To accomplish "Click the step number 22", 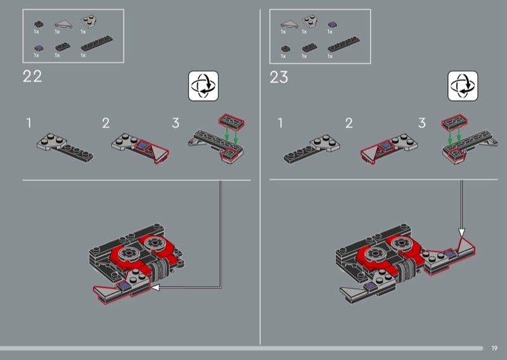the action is pyautogui.click(x=32, y=77).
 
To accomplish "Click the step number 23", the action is pyautogui.click(x=279, y=77).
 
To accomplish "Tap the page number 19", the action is pyautogui.click(x=494, y=348).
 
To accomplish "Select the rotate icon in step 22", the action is pyautogui.click(x=203, y=86).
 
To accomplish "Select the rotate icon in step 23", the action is pyautogui.click(x=463, y=86).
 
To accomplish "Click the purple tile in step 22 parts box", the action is pyautogui.click(x=39, y=48).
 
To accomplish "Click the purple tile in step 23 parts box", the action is pyautogui.click(x=332, y=24).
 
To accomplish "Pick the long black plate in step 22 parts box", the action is pyautogui.click(x=97, y=43).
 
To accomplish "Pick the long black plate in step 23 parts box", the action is pyautogui.click(x=343, y=44).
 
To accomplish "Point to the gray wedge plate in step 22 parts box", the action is pyautogui.click(x=88, y=22).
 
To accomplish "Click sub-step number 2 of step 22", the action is pyautogui.click(x=106, y=123).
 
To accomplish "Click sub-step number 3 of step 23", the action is pyautogui.click(x=421, y=123).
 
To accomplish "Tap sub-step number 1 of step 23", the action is pyautogui.click(x=280, y=123).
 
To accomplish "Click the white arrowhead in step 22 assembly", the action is pyautogui.click(x=155, y=287).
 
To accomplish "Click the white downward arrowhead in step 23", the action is pyautogui.click(x=462, y=233).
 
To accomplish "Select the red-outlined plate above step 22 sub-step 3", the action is pyautogui.click(x=231, y=122).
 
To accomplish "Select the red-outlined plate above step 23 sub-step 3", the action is pyautogui.click(x=454, y=122).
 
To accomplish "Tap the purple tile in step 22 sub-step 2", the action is pyautogui.click(x=143, y=146).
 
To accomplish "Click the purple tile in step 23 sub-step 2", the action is pyautogui.click(x=385, y=146).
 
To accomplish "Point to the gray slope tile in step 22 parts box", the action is pyautogui.click(x=64, y=24).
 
